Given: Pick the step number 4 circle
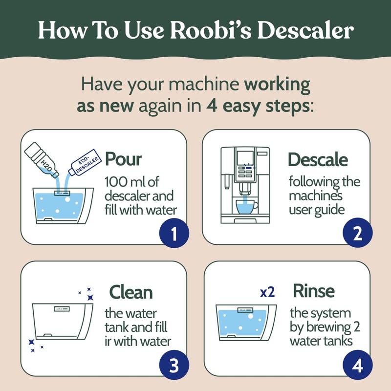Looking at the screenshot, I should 357,367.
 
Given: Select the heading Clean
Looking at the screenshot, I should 130,292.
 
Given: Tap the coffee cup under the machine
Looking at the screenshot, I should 246,206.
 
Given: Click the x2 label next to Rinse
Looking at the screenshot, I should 267,292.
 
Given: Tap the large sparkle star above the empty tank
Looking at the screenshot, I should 90,297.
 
